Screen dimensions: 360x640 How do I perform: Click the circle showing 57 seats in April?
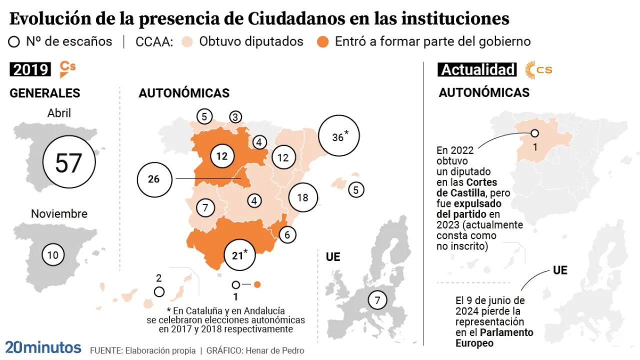click(x=68, y=163)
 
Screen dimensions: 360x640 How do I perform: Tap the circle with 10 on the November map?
click(x=52, y=255)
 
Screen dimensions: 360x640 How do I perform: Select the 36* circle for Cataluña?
click(x=339, y=136)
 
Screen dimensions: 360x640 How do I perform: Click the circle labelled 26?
click(x=154, y=178)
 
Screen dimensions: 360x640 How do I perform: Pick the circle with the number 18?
click(x=302, y=197)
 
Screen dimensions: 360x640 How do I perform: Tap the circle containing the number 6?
click(x=287, y=234)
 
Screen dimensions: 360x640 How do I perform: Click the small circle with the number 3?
click(x=235, y=117)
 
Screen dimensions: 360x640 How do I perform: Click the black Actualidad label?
click(x=478, y=69)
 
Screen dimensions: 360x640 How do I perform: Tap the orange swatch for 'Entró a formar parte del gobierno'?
click(x=323, y=41)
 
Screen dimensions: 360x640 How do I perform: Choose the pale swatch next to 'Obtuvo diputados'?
click(x=187, y=41)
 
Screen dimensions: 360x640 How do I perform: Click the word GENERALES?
click(x=45, y=93)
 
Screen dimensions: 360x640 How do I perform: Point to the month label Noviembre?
click(x=59, y=214)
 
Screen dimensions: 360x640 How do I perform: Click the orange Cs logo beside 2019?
click(x=67, y=69)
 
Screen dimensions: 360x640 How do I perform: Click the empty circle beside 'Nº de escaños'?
click(x=14, y=41)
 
